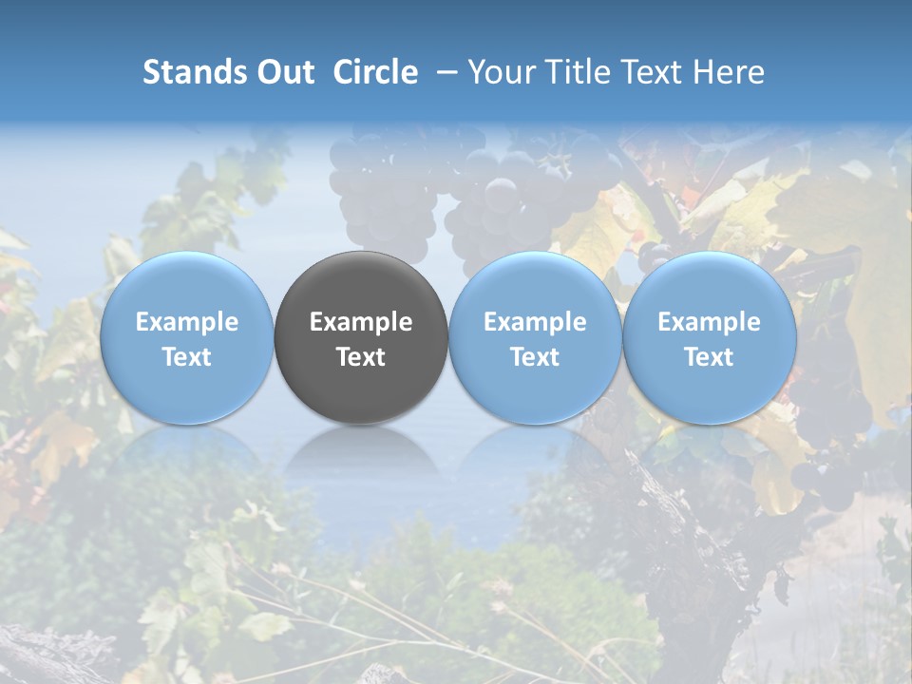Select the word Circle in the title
coord(375,72)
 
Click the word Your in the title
coord(500,72)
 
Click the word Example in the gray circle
coord(361,322)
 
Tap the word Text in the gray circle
coord(361,357)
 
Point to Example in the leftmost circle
coord(186,322)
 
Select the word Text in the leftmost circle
coord(186,357)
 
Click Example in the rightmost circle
coord(710,322)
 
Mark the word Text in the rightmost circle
coord(710,357)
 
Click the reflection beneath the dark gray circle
coord(361,452)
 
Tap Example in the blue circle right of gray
coord(535,322)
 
